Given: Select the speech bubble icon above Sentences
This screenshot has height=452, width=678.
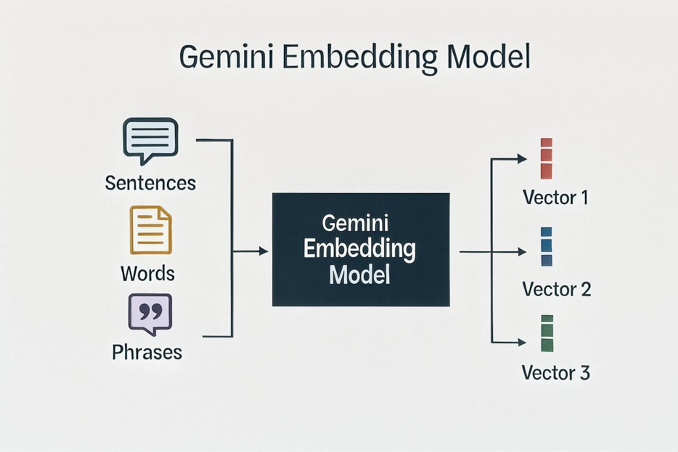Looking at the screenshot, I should tap(150, 137).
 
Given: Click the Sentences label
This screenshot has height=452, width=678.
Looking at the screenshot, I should tap(150, 183).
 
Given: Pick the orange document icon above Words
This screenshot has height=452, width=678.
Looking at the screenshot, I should tap(151, 231).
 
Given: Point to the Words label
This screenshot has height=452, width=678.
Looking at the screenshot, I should tap(147, 273).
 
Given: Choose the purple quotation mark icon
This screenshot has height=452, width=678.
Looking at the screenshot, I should tap(150, 314).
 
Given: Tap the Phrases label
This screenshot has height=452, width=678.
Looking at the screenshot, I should tap(147, 352).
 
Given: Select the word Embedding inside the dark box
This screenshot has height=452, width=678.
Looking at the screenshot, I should tap(360, 250).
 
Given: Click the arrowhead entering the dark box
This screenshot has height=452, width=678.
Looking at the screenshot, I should tap(264, 252).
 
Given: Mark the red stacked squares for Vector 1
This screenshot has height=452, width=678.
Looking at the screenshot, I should tap(546, 158).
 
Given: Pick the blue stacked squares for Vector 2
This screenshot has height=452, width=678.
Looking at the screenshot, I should tap(546, 246).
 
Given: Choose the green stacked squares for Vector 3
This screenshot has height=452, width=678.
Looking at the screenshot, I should tap(547, 333).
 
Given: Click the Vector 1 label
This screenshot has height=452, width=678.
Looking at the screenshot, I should tap(556, 198).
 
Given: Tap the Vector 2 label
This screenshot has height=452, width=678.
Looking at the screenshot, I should tap(556, 289).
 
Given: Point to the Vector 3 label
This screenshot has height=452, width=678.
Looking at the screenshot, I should tap(556, 373).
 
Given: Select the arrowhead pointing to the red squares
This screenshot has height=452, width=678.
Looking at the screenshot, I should tap(522, 158).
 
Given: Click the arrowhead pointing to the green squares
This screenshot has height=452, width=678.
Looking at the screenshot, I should tap(522, 342).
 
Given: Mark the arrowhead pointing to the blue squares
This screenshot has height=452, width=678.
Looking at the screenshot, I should tap(522, 252).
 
